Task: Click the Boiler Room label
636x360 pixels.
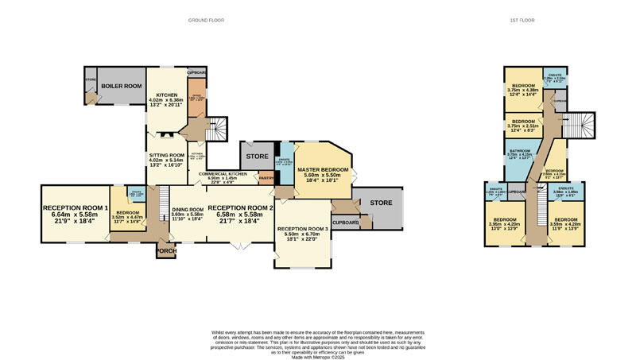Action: [121, 86]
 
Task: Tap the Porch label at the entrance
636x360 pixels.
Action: [165, 251]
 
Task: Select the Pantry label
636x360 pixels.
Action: [266, 179]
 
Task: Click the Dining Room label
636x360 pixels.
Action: [188, 210]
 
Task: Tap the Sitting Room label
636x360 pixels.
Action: [166, 155]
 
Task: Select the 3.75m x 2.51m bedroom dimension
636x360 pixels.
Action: [522, 125]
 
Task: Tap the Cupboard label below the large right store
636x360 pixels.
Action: [345, 223]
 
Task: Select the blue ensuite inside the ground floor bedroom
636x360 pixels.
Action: [137, 195]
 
